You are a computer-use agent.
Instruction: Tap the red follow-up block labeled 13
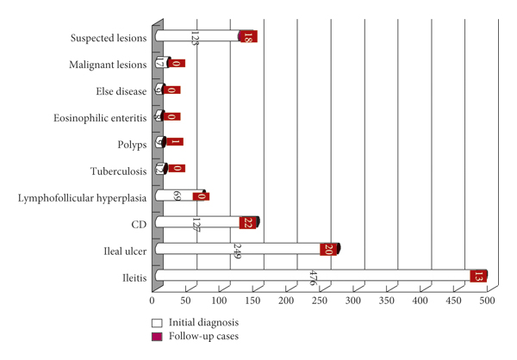coord(479,276)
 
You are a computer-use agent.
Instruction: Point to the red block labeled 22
coord(248,222)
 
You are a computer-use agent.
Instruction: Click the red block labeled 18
coord(248,36)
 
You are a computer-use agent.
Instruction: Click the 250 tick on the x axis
coord(320,301)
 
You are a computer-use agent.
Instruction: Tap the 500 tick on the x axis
coord(487,301)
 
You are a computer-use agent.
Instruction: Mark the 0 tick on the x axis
coord(153,301)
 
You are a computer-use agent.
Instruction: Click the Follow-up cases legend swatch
coord(156,336)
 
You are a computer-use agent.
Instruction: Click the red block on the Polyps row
coord(174,143)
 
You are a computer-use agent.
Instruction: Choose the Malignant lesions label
coord(109,64)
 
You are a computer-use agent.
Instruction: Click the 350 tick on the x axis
coord(387,301)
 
